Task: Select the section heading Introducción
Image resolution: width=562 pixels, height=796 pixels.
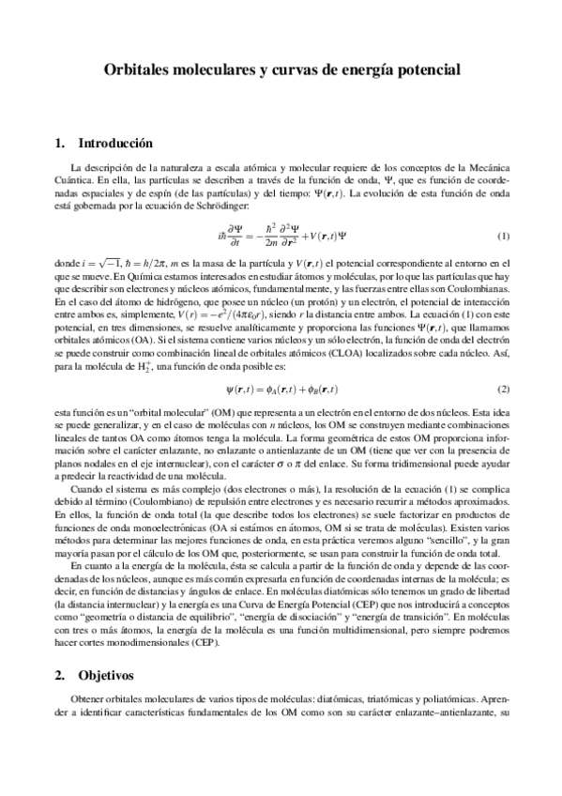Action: [x=115, y=144]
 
